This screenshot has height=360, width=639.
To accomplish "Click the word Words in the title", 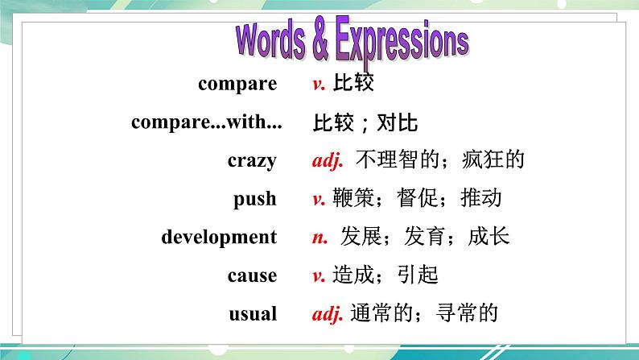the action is (270, 41).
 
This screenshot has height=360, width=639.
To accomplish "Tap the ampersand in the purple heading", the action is (320, 40).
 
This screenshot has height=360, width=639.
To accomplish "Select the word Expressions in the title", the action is (402, 42).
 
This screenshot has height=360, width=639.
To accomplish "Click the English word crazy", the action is (252, 160).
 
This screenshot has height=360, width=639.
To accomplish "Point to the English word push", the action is (254, 200).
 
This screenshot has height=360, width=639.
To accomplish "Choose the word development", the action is (219, 237).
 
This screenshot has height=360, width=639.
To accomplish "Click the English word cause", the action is (252, 275).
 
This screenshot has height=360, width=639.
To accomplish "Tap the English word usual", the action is (253, 313).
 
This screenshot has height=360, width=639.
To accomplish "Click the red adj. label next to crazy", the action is (328, 159).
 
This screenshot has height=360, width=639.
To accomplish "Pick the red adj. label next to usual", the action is (328, 313).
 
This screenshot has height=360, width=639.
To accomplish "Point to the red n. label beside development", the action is (320, 238).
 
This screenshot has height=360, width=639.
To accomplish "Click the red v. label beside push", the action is (319, 199).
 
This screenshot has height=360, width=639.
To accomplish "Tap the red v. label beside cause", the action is (319, 276).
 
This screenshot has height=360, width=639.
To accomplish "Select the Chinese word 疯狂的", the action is (493, 159).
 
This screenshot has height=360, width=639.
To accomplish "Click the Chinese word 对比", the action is (397, 122).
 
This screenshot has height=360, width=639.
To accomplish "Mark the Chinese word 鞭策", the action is (353, 198).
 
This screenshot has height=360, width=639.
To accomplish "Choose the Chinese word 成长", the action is (489, 237).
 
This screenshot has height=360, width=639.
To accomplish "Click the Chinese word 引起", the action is (418, 275).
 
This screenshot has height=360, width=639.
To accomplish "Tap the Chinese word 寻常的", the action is (467, 312).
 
